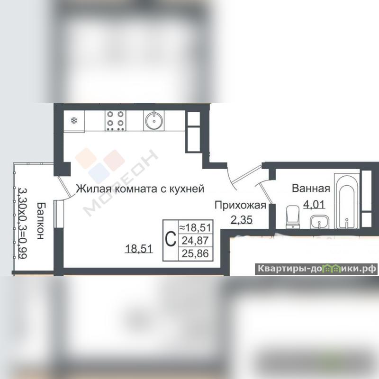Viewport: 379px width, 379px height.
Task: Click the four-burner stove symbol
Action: [x=116, y=121]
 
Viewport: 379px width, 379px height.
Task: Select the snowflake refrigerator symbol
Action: [x=73, y=120]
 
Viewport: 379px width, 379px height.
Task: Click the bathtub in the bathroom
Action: [x=347, y=200]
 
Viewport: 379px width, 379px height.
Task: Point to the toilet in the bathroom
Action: [x=293, y=217]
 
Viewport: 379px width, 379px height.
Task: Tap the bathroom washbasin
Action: [x=319, y=222]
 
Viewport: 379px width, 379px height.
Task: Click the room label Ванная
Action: [x=311, y=188]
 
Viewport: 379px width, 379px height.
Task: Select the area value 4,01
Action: [x=314, y=205]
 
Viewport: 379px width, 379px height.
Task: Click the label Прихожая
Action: [x=241, y=206]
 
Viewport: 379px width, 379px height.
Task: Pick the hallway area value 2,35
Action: [x=242, y=220]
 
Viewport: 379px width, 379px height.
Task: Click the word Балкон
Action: [x=41, y=221]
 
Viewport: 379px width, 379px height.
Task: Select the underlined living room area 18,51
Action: [x=139, y=248]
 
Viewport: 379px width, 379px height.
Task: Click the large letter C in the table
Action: [x=171, y=239]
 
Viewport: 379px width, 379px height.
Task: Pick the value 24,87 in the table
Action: [x=195, y=241]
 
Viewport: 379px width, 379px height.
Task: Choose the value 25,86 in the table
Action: [x=195, y=253]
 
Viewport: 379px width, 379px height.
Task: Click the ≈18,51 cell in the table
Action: [x=195, y=227]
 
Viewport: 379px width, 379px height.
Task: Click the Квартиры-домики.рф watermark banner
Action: [x=316, y=269]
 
